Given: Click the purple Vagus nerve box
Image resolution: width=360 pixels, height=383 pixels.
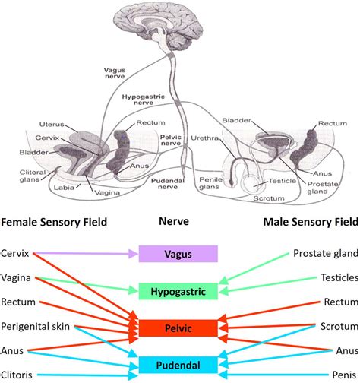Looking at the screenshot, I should pos(178,254).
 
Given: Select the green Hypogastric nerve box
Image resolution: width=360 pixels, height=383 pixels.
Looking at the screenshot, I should pos(178,290).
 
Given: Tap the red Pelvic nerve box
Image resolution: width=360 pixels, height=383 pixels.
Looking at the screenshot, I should pos(178,328).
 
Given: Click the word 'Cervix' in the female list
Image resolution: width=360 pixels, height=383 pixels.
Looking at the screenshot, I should pos(16,253).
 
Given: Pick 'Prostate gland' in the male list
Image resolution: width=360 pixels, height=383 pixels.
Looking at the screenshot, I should pos(326,253).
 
